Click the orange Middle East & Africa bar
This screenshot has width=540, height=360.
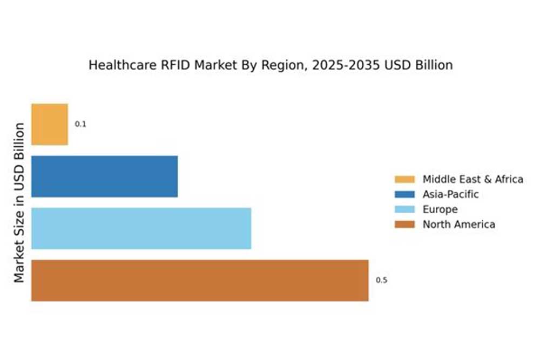[50, 125]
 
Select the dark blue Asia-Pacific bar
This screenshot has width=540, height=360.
[104, 176]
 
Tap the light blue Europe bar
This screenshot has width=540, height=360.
[141, 228]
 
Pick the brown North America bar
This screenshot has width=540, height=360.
[200, 280]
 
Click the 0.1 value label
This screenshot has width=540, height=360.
[80, 124]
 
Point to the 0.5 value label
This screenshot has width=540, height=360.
[381, 280]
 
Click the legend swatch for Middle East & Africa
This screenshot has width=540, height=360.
[404, 179]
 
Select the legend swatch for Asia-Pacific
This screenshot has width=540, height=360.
[404, 194]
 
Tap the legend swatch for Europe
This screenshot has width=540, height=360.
[404, 209]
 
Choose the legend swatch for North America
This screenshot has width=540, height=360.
[404, 225]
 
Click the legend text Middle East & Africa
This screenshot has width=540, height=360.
[473, 179]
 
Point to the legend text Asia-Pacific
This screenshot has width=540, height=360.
[450, 194]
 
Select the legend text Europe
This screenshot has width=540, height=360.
[440, 209]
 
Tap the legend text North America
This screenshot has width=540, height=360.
[458, 225]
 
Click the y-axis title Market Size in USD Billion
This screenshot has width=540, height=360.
[20, 202]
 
